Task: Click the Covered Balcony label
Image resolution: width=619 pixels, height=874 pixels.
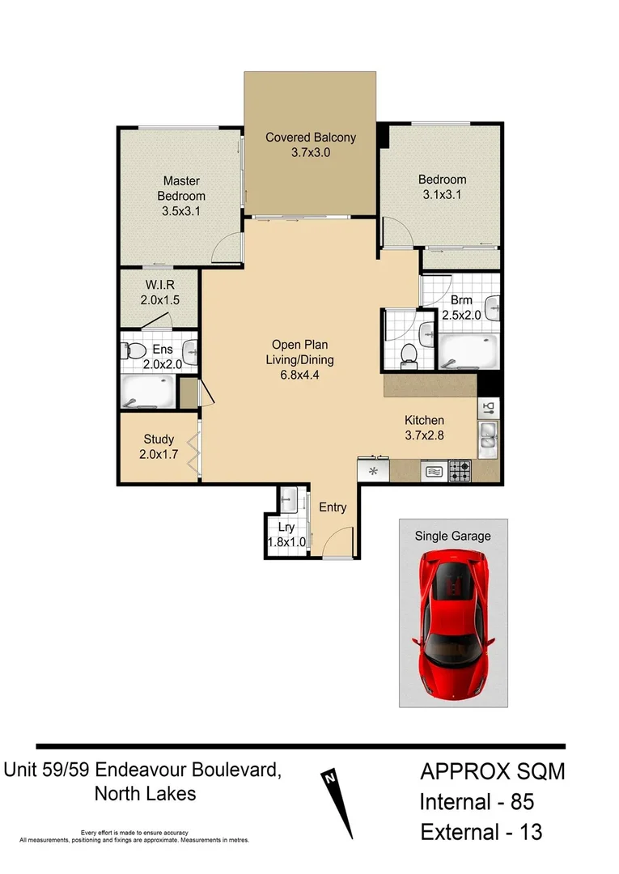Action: [x=311, y=137]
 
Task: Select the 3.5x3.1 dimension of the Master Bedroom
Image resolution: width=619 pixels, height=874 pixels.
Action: [x=181, y=211]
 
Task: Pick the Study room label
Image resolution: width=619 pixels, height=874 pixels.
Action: [x=159, y=439]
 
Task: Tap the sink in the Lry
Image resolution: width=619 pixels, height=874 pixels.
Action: [x=290, y=502]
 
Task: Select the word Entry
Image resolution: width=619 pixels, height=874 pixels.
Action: [x=333, y=507]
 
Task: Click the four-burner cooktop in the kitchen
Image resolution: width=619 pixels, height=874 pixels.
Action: [x=460, y=471]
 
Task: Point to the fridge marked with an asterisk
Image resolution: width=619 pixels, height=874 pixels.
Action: [x=374, y=471]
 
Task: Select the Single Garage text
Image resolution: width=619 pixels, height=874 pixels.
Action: [x=453, y=536]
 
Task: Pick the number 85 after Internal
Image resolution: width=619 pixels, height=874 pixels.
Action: [x=518, y=802]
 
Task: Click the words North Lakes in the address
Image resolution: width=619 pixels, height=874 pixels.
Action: [x=145, y=793]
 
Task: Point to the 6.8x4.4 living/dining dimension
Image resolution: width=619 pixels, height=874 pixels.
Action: [x=300, y=375]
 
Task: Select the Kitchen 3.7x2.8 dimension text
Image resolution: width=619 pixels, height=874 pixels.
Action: [x=425, y=435]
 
